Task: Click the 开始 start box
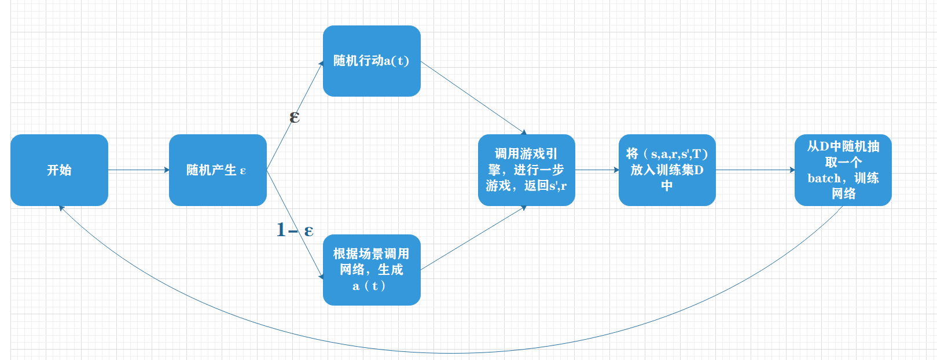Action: (59, 170)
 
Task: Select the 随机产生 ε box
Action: (218, 170)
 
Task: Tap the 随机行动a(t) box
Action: (372, 61)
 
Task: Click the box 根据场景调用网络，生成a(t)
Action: (372, 270)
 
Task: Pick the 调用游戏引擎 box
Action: (526, 170)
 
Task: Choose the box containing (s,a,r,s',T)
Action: (667, 170)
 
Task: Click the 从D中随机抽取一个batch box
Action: (843, 170)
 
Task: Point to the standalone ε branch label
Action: (295, 117)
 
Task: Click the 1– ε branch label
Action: (295, 230)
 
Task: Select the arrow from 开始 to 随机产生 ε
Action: (138, 170)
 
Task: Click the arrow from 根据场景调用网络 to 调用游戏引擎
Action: (473, 238)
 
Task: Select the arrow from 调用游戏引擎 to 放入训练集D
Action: (597, 170)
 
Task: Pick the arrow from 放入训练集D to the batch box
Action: (755, 170)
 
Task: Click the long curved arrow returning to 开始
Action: (451, 352)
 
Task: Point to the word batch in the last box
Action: (824, 178)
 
